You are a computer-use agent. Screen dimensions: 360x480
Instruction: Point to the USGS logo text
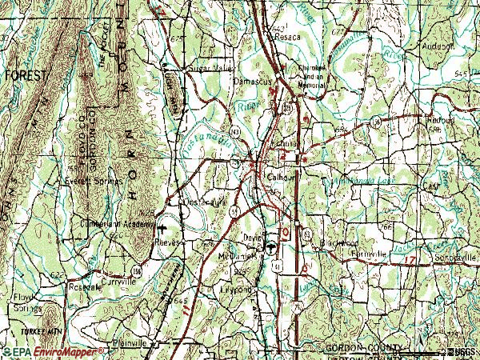point(462,351)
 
